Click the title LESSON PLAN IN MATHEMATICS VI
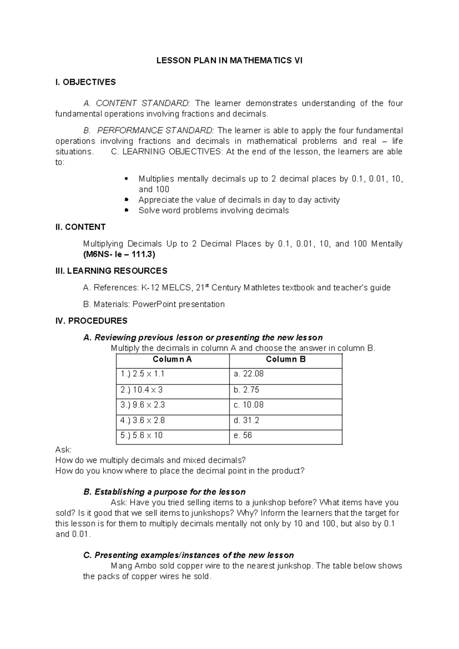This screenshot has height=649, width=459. coord(229,60)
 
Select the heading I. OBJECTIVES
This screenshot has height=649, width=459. coord(85,82)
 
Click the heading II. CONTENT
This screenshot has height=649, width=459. coord(80,227)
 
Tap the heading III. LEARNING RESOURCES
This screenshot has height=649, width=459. coord(111,271)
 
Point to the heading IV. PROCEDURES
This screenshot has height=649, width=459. coord(91,321)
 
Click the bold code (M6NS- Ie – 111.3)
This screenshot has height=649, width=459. coord(119,254)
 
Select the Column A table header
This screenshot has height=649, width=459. coord(172,359)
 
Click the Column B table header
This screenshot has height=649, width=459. coord(285,359)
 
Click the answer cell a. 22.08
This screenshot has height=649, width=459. coord(248,374)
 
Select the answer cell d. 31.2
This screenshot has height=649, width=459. coord(246,420)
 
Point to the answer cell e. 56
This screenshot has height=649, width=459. coord(243,435)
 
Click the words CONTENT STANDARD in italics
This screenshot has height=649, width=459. coord(142,103)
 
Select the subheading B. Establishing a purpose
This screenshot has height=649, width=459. coord(164,492)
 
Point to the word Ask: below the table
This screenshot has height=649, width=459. coord(63,450)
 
